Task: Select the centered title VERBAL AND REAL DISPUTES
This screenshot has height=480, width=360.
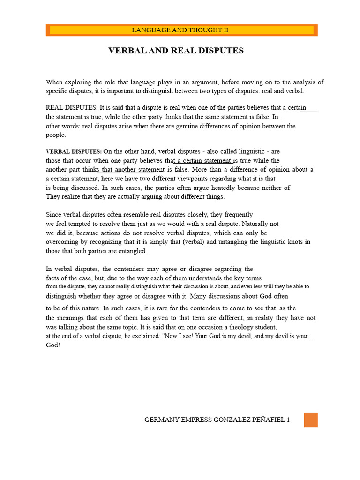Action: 176,51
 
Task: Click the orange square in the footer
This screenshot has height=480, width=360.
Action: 310,420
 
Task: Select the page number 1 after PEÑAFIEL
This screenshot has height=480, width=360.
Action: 288,420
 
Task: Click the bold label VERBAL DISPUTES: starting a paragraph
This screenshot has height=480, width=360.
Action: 74,152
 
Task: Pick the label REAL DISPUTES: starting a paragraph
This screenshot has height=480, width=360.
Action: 72,108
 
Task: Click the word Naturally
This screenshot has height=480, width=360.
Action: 256,224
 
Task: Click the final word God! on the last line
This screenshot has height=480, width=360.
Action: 53,345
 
